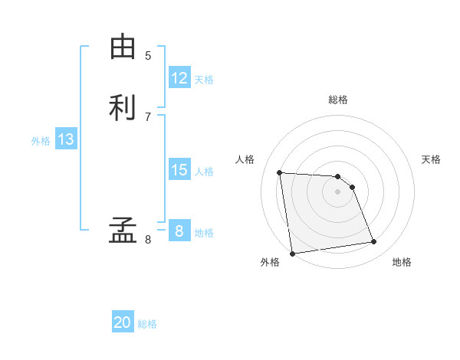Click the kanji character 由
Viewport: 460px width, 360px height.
pyautogui.click(x=122, y=47)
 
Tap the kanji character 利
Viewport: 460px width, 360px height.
pyautogui.click(x=122, y=108)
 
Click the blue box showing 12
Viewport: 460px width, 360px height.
pyautogui.click(x=179, y=78)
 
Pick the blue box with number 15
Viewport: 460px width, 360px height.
pyautogui.click(x=179, y=170)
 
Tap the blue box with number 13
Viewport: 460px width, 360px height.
pyautogui.click(x=66, y=139)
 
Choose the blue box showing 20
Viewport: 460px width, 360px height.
pyautogui.click(x=123, y=322)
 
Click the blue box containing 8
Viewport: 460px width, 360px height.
pyautogui.click(x=179, y=231)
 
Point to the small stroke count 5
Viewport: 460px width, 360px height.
pyautogui.click(x=148, y=55)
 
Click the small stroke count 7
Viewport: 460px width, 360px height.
pyautogui.click(x=148, y=116)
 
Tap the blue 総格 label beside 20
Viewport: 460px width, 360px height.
pyautogui.click(x=147, y=324)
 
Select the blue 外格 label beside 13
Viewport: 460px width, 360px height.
pyautogui.click(x=41, y=141)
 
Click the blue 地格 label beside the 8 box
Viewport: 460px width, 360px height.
pyautogui.click(x=204, y=233)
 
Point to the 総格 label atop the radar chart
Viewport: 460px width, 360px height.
pyautogui.click(x=338, y=100)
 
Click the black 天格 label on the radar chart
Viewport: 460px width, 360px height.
pyautogui.click(x=432, y=159)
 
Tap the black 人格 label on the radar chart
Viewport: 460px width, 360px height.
pyautogui.click(x=245, y=159)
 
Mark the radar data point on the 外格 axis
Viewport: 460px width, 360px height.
pyautogui.click(x=292, y=253)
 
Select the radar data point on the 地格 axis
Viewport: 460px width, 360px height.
pyautogui.click(x=374, y=242)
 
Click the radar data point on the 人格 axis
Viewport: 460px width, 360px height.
pyautogui.click(x=280, y=172)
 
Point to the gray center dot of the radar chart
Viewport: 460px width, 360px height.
pyautogui.click(x=338, y=191)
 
